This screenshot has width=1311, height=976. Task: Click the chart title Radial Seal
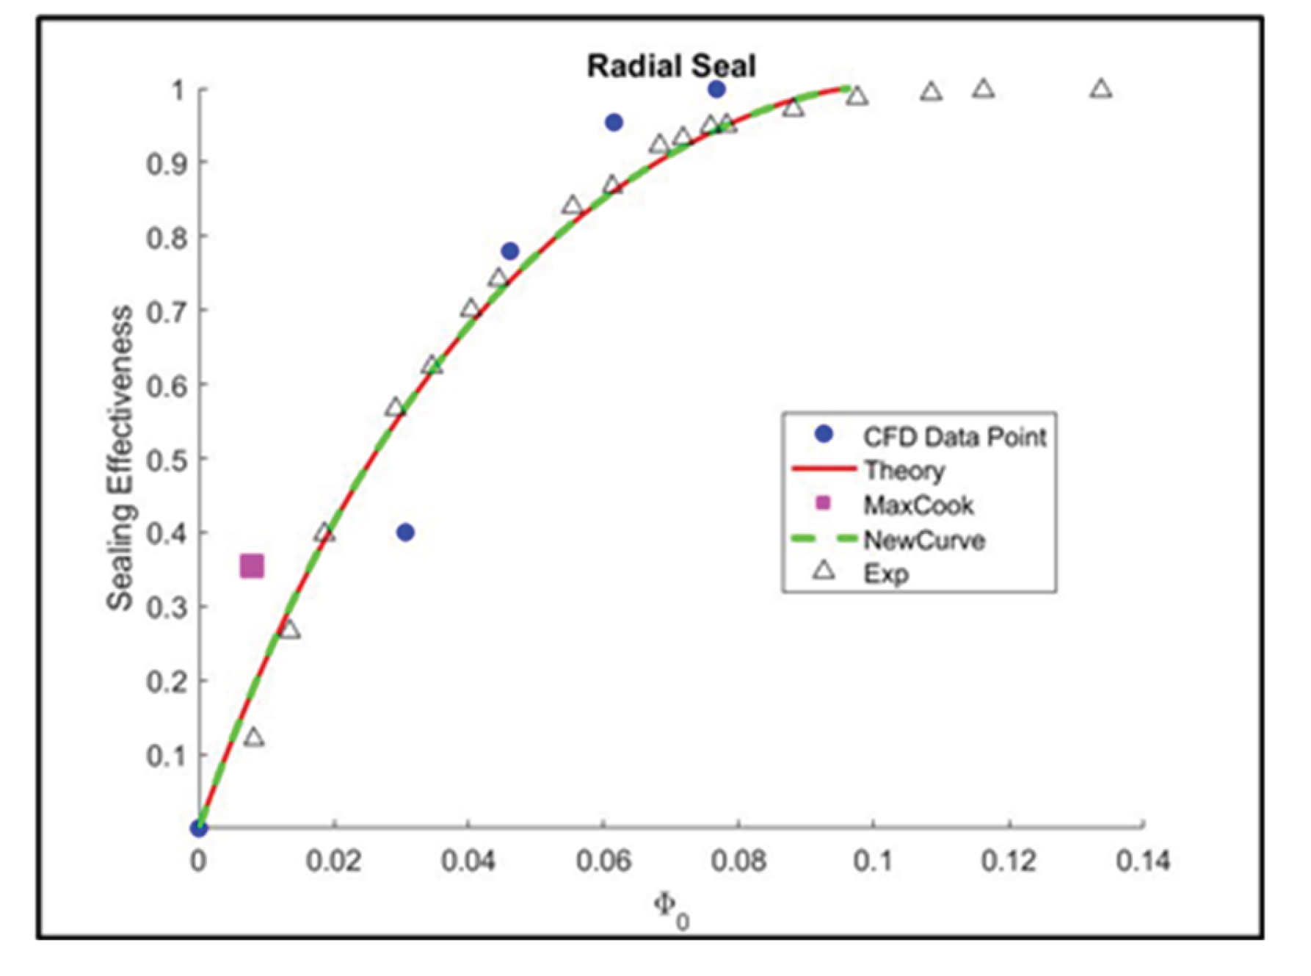(x=671, y=66)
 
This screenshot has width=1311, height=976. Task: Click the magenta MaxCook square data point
(x=252, y=566)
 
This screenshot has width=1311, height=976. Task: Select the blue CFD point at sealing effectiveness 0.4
(x=405, y=532)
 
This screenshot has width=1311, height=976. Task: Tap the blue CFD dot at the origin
(x=199, y=828)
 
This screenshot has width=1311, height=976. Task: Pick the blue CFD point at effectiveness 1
(x=717, y=90)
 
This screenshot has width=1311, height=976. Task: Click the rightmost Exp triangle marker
(x=1100, y=90)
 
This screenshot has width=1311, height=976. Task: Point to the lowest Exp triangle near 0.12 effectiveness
(x=254, y=737)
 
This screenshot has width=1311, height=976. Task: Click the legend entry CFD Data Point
(x=954, y=437)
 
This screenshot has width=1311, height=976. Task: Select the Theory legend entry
(x=904, y=470)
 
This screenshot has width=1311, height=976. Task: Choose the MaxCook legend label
(x=918, y=505)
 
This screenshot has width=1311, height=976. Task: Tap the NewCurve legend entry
(x=923, y=541)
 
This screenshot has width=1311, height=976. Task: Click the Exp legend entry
(x=886, y=574)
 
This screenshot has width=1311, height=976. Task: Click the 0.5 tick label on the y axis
(x=166, y=460)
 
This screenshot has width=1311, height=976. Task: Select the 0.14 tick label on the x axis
(x=1142, y=861)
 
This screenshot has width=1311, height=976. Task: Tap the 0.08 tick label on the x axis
(x=738, y=861)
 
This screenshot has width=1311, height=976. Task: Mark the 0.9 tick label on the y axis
(x=166, y=163)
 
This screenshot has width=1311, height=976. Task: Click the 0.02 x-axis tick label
(x=334, y=861)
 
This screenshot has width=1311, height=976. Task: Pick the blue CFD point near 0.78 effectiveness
(x=510, y=251)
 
